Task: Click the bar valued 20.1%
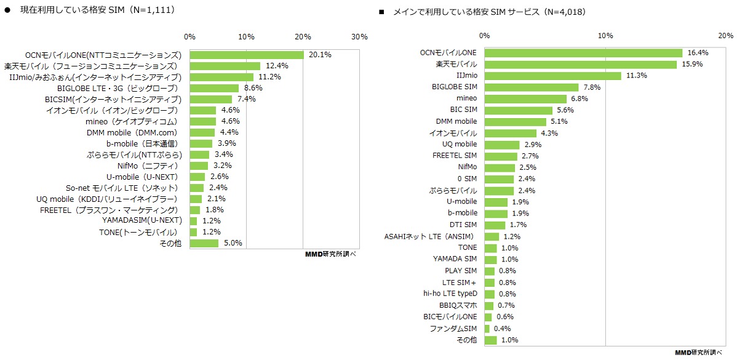click(x=247, y=55)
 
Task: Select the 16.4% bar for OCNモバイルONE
click(x=583, y=53)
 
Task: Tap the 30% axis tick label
click(x=359, y=37)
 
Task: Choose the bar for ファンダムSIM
click(x=487, y=329)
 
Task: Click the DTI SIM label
click(x=463, y=225)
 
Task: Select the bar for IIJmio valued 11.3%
click(x=553, y=76)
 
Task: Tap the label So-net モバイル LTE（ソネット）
click(x=122, y=188)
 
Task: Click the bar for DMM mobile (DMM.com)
click(x=202, y=132)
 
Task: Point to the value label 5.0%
click(x=233, y=243)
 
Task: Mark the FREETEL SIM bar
click(x=501, y=156)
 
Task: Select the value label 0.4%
click(x=502, y=329)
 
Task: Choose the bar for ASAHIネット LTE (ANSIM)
click(x=492, y=237)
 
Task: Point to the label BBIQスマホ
click(x=458, y=306)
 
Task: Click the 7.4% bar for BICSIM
click(x=211, y=99)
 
